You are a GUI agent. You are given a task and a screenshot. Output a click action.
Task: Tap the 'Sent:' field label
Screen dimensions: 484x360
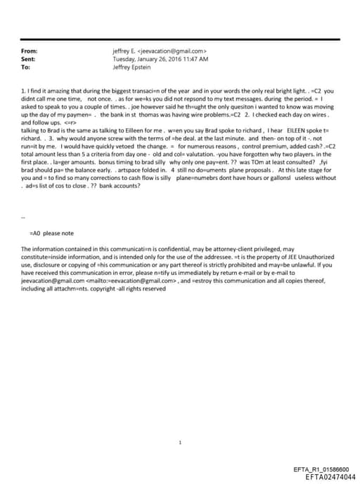coord(28,60)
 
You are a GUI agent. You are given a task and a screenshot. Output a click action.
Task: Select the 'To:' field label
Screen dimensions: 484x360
coord(26,68)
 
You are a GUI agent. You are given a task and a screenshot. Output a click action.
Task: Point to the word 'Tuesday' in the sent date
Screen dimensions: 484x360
coord(124,60)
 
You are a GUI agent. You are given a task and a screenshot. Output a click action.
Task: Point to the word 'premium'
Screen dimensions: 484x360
coord(261,146)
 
